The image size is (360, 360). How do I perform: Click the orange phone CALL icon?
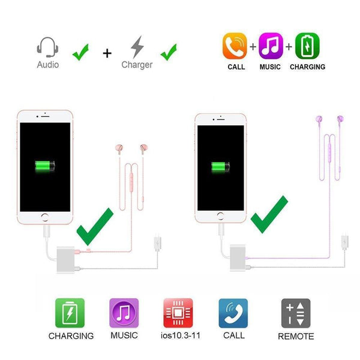tap(235, 46)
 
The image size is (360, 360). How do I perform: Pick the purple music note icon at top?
tap(270, 46)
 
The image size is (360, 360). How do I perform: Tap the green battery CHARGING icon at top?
tap(307, 46)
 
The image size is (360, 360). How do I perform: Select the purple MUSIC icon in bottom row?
tap(124, 313)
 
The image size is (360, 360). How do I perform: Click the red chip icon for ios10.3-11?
tap(178, 313)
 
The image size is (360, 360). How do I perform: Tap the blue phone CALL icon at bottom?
tap(233, 313)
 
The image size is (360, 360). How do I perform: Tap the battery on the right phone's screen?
tap(220, 166)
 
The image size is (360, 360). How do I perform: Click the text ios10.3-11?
tap(178, 335)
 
